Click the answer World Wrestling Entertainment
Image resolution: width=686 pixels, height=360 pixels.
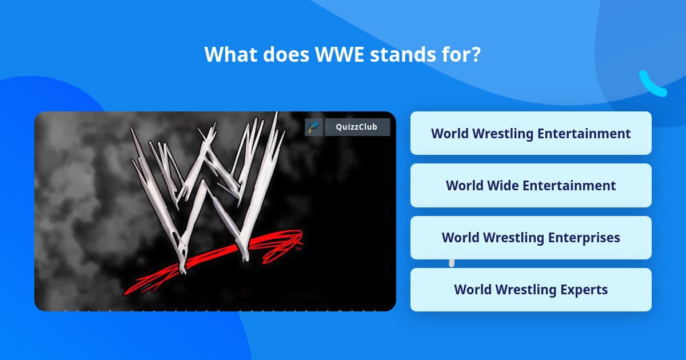coord(531,133)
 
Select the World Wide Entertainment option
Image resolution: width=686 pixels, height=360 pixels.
coord(531,186)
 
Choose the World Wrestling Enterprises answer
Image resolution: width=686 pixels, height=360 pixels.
coord(531,238)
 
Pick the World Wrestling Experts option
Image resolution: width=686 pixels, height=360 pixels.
coord(531,290)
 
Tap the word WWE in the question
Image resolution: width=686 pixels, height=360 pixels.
coord(340,54)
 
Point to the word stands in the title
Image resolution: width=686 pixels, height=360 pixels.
coord(402,54)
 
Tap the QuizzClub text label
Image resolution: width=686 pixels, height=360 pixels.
coord(357,127)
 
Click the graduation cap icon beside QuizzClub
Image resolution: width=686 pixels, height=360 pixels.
coord(314,127)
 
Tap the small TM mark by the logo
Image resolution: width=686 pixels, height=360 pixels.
coord(298,249)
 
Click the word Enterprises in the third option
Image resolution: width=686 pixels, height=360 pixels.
coord(584,238)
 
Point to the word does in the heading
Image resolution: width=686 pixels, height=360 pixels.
coord(286,54)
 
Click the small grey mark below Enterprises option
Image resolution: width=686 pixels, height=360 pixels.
coord(452,263)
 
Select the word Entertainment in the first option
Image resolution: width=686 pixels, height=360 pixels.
coord(584,134)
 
